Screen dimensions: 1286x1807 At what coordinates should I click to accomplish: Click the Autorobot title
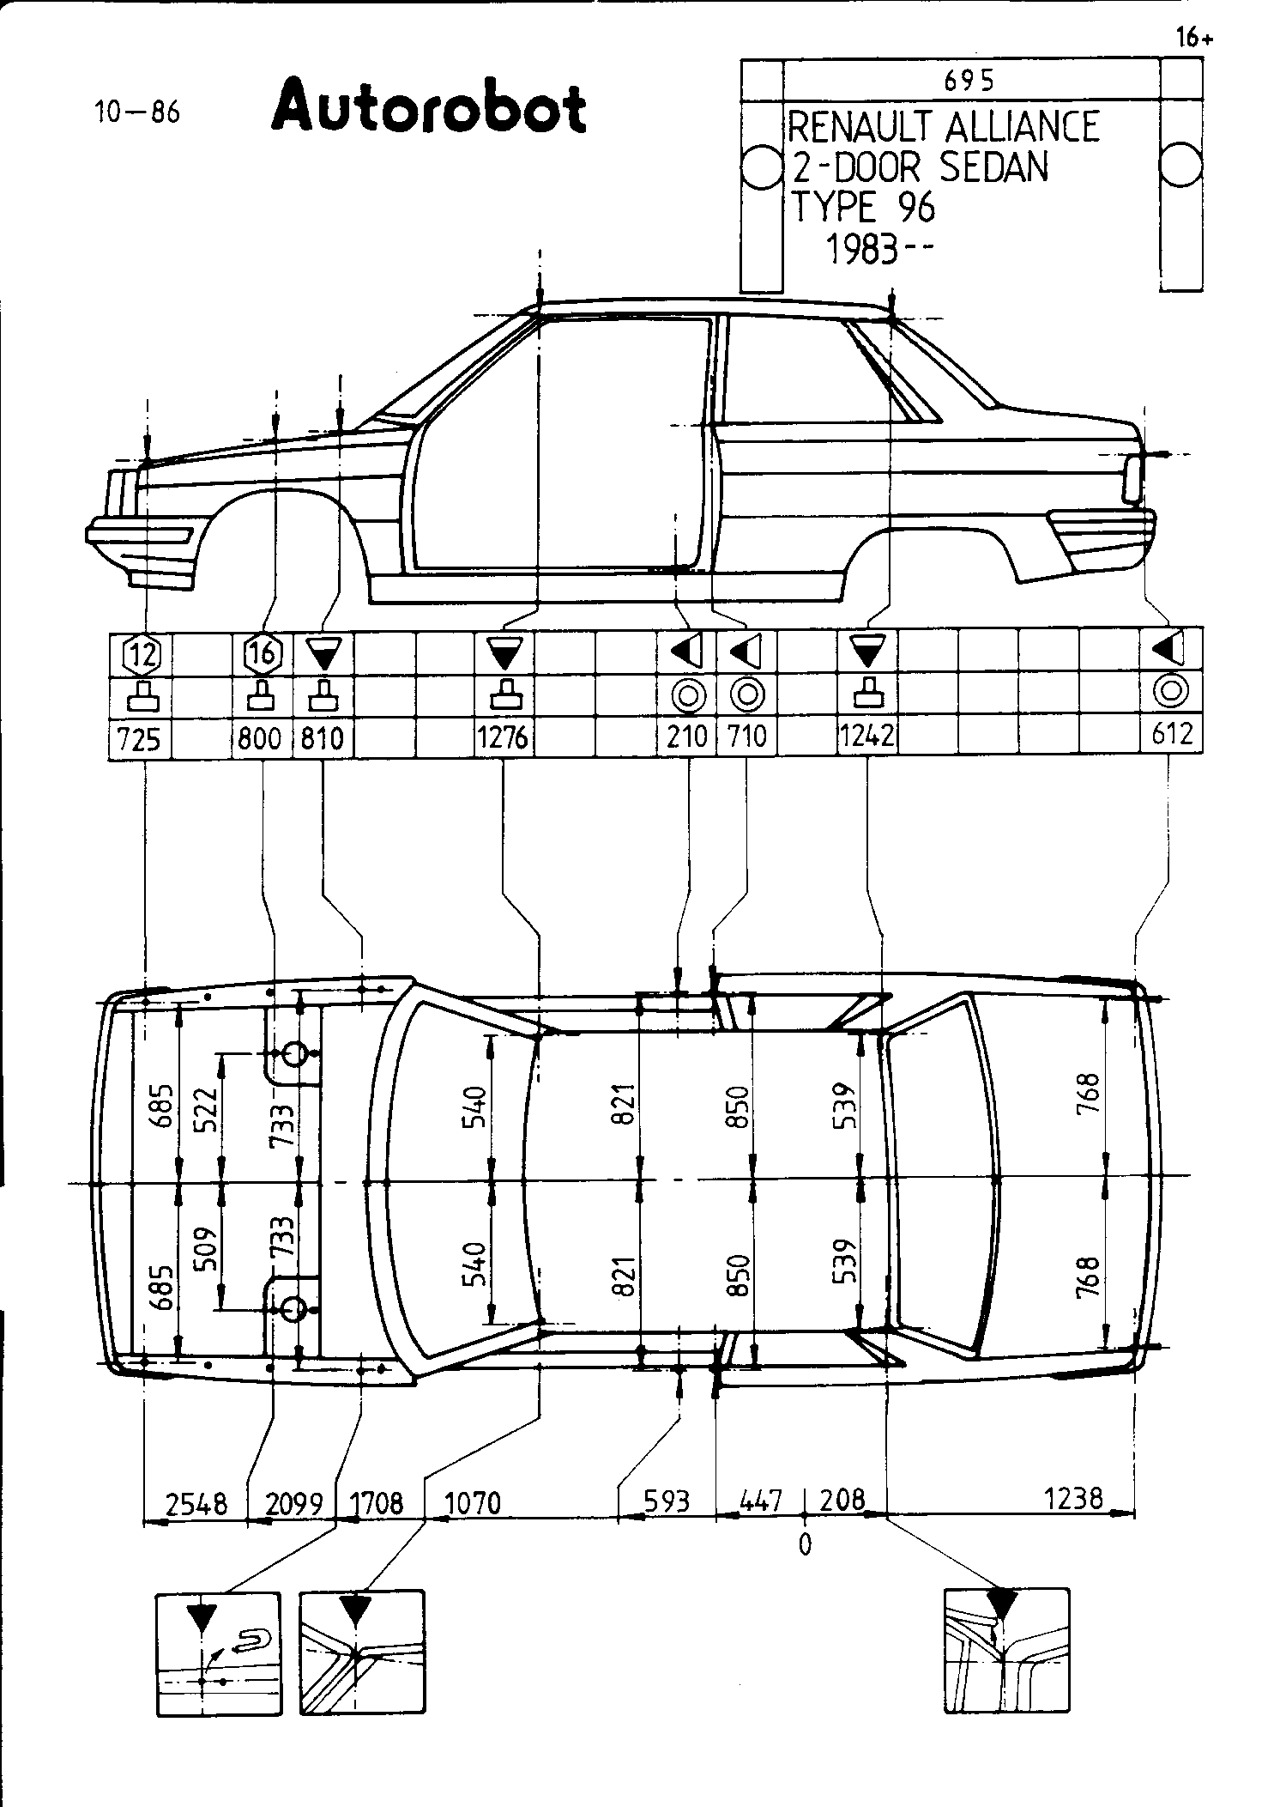click(429, 106)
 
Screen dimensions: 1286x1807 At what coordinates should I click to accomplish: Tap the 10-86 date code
click(138, 112)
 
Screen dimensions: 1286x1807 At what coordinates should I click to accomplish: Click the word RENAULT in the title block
click(861, 128)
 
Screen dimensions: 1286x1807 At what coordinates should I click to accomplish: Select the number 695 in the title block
click(969, 81)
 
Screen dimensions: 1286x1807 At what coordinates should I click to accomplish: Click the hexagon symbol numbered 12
click(141, 656)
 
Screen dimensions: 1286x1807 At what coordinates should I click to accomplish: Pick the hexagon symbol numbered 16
click(263, 654)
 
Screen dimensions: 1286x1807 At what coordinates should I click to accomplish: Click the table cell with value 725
click(140, 738)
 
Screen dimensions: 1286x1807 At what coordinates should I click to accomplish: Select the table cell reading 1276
click(504, 738)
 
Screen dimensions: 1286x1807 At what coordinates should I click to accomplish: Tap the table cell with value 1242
click(866, 737)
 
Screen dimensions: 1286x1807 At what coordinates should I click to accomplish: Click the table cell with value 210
click(687, 737)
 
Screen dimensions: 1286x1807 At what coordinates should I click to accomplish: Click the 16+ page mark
click(1194, 39)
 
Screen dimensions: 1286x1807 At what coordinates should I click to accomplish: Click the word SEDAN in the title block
click(994, 167)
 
